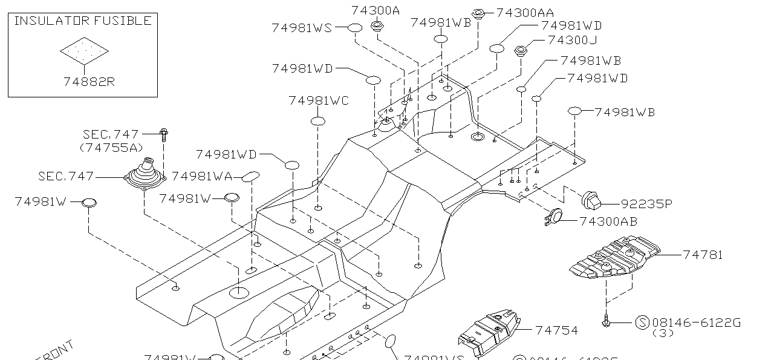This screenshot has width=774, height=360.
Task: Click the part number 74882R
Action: tap(89, 82)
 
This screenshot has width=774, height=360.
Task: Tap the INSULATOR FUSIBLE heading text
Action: tap(83, 21)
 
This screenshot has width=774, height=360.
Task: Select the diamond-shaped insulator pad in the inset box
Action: tap(84, 51)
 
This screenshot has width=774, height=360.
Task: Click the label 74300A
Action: tap(376, 10)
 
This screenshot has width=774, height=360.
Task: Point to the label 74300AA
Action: tap(524, 13)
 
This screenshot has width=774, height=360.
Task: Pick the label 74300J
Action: tap(572, 41)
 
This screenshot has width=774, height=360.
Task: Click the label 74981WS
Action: tap(302, 28)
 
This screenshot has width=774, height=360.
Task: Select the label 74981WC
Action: tap(319, 100)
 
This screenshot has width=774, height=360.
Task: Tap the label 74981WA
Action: tap(201, 176)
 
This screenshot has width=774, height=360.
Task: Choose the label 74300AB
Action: tap(608, 221)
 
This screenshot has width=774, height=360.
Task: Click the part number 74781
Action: tap(703, 255)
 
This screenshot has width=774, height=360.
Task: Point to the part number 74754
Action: tap(556, 330)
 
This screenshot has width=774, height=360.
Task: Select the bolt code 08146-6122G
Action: tap(697, 322)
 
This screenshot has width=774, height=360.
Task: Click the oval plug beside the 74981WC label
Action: tap(318, 122)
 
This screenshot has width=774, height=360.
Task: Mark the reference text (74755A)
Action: tap(111, 147)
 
